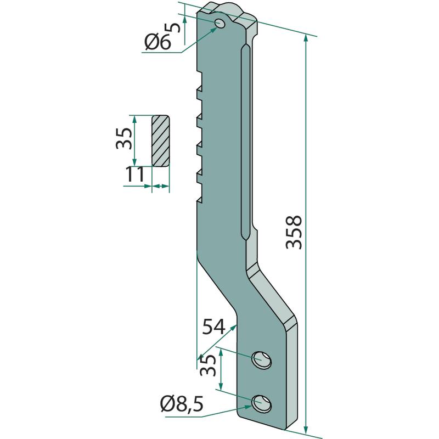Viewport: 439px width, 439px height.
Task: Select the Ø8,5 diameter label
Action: point(182,406)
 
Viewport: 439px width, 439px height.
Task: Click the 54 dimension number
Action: point(215,328)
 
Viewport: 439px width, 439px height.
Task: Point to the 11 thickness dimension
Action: point(134,175)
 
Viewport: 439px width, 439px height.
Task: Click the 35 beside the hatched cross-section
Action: point(124,139)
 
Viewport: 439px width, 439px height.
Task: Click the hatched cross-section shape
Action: point(161,140)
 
